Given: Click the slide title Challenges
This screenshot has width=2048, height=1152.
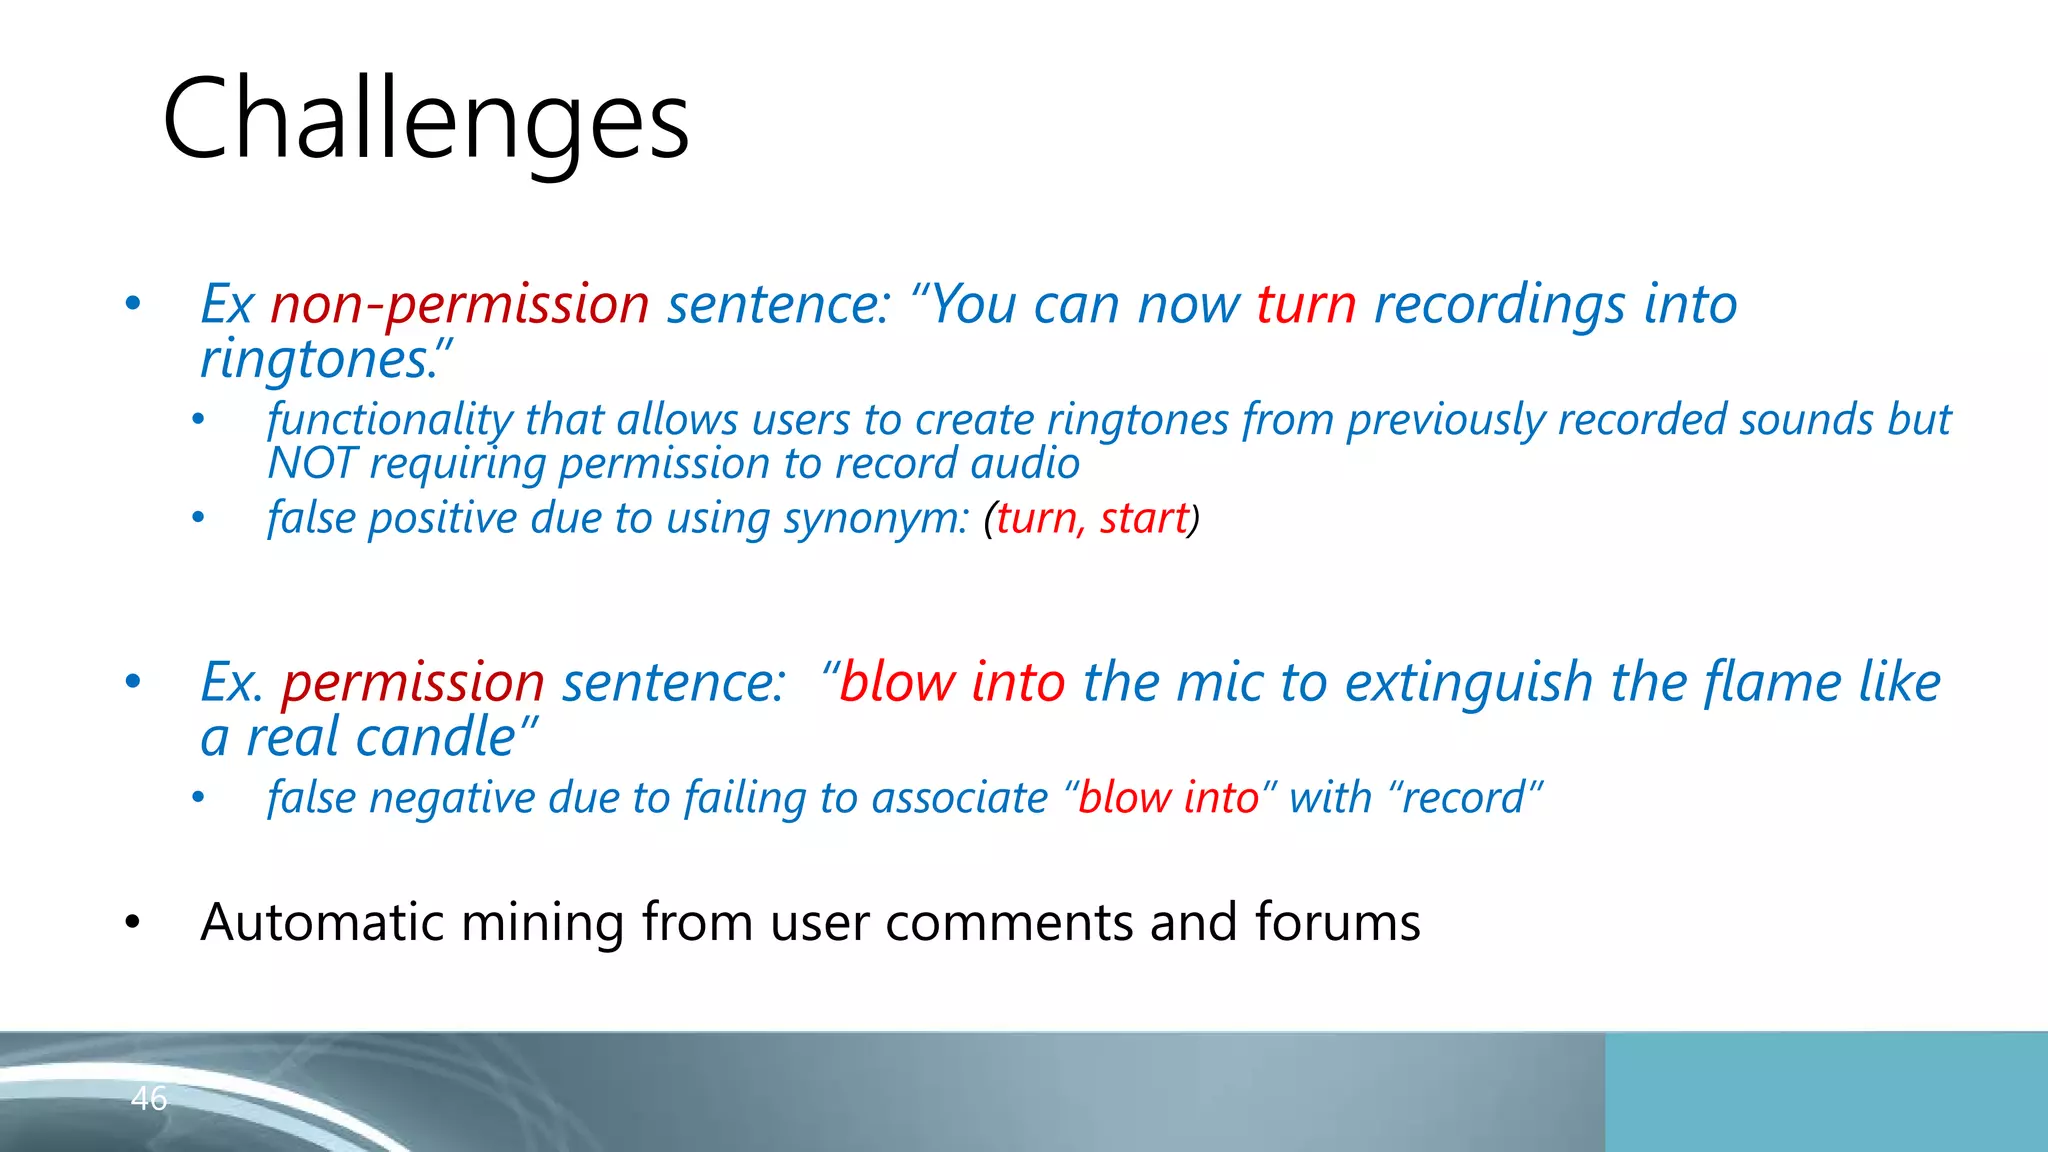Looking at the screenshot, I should click(x=425, y=120).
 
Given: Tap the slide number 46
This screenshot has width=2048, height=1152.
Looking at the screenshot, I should click(x=149, y=1098).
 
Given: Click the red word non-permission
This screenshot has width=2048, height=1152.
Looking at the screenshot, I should click(x=459, y=304).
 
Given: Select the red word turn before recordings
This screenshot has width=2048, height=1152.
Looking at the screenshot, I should click(x=1306, y=304).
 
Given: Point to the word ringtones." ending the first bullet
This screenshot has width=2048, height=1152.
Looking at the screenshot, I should click(x=326, y=360).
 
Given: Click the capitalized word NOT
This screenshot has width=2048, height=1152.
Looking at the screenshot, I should click(x=311, y=464).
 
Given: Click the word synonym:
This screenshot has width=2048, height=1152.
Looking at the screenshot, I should click(x=876, y=519).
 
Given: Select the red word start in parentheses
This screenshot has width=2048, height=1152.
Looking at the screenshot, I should click(x=1143, y=519).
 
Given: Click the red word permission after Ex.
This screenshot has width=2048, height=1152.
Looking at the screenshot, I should click(x=412, y=683).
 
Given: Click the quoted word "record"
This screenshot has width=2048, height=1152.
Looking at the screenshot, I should click(x=1466, y=798).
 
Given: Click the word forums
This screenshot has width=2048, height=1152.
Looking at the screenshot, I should click(x=1337, y=922).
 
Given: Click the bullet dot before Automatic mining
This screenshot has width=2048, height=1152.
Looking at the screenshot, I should click(x=132, y=922).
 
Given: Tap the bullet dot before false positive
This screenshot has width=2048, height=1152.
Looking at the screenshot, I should click(x=198, y=518).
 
